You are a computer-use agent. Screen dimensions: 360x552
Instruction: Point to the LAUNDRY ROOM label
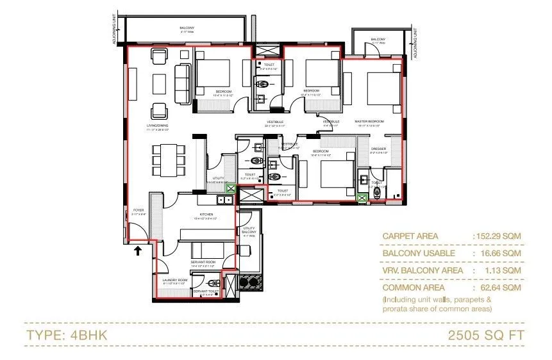[174, 280]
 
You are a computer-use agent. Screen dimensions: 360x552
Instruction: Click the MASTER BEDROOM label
[369, 121]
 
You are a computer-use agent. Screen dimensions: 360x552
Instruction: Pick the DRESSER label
[379, 149]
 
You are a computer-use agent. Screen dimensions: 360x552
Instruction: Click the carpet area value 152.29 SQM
[498, 236]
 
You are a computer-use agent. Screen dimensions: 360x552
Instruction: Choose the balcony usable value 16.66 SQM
[499, 253]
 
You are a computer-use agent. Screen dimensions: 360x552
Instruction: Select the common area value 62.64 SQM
[499, 288]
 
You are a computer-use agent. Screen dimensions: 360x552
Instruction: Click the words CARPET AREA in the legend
[410, 236]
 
